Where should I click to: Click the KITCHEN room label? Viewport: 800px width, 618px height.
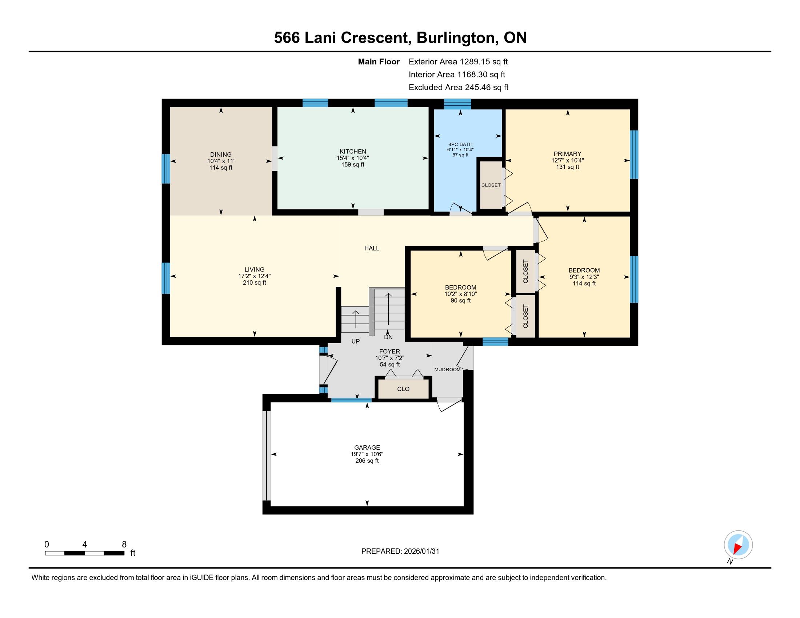coord(353,151)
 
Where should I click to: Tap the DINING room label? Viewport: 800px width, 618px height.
coord(221,154)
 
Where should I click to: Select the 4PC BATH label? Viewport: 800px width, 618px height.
coord(460,144)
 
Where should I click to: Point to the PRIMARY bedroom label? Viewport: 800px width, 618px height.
coord(567,154)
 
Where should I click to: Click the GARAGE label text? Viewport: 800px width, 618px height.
coord(367,448)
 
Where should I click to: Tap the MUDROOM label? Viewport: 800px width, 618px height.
coord(447,369)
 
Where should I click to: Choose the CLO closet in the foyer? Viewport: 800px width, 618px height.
coord(403,389)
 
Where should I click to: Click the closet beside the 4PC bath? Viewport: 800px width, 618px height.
coord(491,185)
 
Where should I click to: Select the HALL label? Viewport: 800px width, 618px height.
coord(372,248)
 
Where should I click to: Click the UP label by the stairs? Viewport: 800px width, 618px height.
coord(355,341)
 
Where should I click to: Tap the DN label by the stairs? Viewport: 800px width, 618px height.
coord(388,337)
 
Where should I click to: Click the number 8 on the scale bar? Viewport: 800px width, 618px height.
coord(124,545)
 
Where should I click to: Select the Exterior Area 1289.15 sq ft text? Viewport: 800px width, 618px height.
coord(458,61)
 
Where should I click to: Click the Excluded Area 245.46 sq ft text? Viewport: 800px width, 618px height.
coord(459,87)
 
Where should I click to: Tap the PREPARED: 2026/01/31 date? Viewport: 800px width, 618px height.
coord(400,551)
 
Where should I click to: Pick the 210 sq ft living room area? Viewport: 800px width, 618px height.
coord(254,282)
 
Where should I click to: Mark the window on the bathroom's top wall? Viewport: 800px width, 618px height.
coord(457,104)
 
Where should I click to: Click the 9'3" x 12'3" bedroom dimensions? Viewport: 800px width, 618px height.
coord(584,277)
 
